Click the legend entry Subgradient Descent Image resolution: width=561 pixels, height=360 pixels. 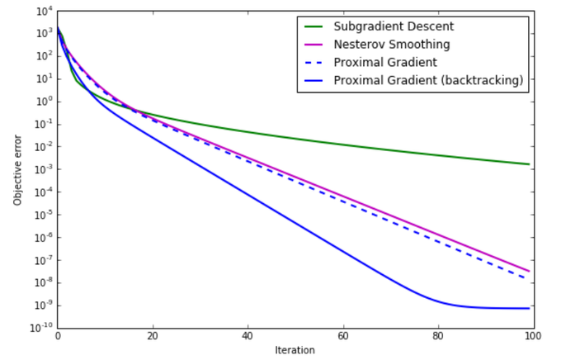(394, 26)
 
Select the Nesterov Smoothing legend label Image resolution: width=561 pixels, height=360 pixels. (391, 44)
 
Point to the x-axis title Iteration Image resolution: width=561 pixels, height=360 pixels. (295, 350)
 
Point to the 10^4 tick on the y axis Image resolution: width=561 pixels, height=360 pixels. (41, 11)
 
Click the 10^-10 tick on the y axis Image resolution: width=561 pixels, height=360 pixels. (39, 328)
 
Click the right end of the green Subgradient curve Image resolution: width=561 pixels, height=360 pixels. (529, 164)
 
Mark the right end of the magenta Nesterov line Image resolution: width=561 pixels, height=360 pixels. (529, 271)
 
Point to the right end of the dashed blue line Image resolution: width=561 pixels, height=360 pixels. (529, 279)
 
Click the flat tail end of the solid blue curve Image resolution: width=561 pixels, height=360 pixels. (529, 309)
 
